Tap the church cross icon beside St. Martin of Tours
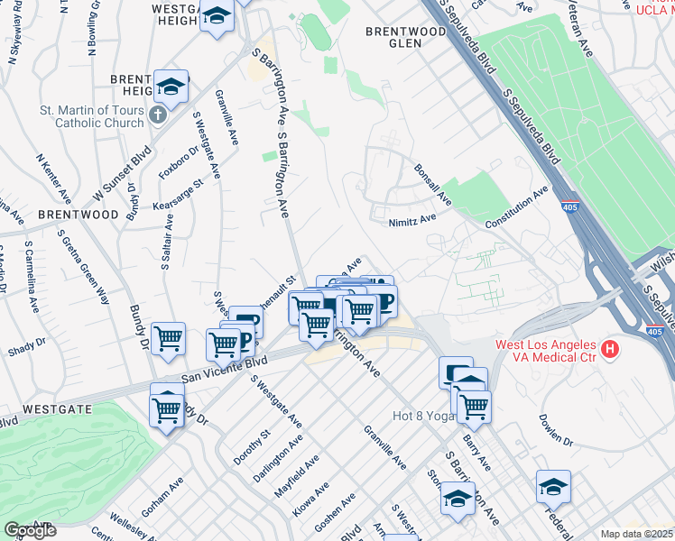(158, 115)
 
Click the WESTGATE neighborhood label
(56, 408)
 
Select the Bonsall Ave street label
(431, 183)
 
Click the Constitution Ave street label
(516, 208)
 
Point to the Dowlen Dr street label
(555, 431)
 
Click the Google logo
(30, 531)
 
